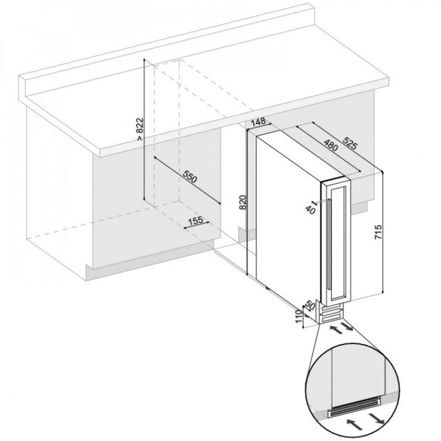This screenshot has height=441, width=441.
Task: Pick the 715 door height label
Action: [378, 232]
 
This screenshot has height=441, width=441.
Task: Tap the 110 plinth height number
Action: [300, 317]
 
